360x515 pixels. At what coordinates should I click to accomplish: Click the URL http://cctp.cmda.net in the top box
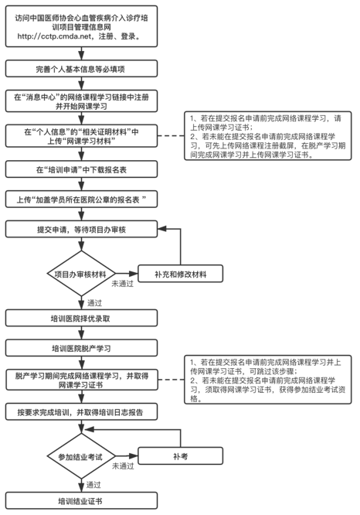54,36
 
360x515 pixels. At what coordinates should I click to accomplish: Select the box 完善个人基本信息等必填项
81,69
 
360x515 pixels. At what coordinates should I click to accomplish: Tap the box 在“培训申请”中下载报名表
81,170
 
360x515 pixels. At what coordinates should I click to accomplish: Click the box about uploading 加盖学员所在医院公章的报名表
81,200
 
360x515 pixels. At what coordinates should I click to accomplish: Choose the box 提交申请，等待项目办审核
81,229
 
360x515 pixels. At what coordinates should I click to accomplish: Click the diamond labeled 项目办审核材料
81,274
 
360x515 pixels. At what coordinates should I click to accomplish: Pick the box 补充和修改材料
181,274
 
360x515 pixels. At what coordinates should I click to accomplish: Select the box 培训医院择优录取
81,319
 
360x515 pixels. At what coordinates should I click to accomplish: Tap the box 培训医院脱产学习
81,348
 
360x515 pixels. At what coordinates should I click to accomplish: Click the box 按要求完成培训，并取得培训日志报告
81,412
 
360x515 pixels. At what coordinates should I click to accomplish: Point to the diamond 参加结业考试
81,456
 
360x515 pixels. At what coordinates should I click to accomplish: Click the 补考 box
181,456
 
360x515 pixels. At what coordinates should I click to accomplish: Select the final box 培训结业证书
81,500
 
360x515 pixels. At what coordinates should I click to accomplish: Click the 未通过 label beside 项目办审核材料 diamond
122,284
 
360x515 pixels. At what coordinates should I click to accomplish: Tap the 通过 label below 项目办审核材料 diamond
94,303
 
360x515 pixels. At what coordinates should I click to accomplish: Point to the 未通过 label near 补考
123,466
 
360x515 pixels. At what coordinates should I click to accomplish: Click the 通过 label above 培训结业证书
93,485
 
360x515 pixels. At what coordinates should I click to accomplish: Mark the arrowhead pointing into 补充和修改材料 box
134,274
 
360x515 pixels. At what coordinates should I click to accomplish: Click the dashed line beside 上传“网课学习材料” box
171,135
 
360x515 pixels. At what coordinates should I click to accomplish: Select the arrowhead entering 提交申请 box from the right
161,229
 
